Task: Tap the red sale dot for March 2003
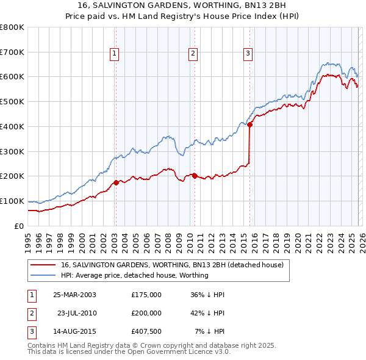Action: click(x=116, y=182)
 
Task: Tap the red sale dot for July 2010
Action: click(x=195, y=176)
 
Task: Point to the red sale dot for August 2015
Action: click(x=250, y=124)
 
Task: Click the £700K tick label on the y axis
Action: click(x=12, y=52)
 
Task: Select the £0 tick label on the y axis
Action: click(x=19, y=226)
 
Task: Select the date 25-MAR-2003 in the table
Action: click(x=74, y=295)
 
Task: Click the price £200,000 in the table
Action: click(x=146, y=313)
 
